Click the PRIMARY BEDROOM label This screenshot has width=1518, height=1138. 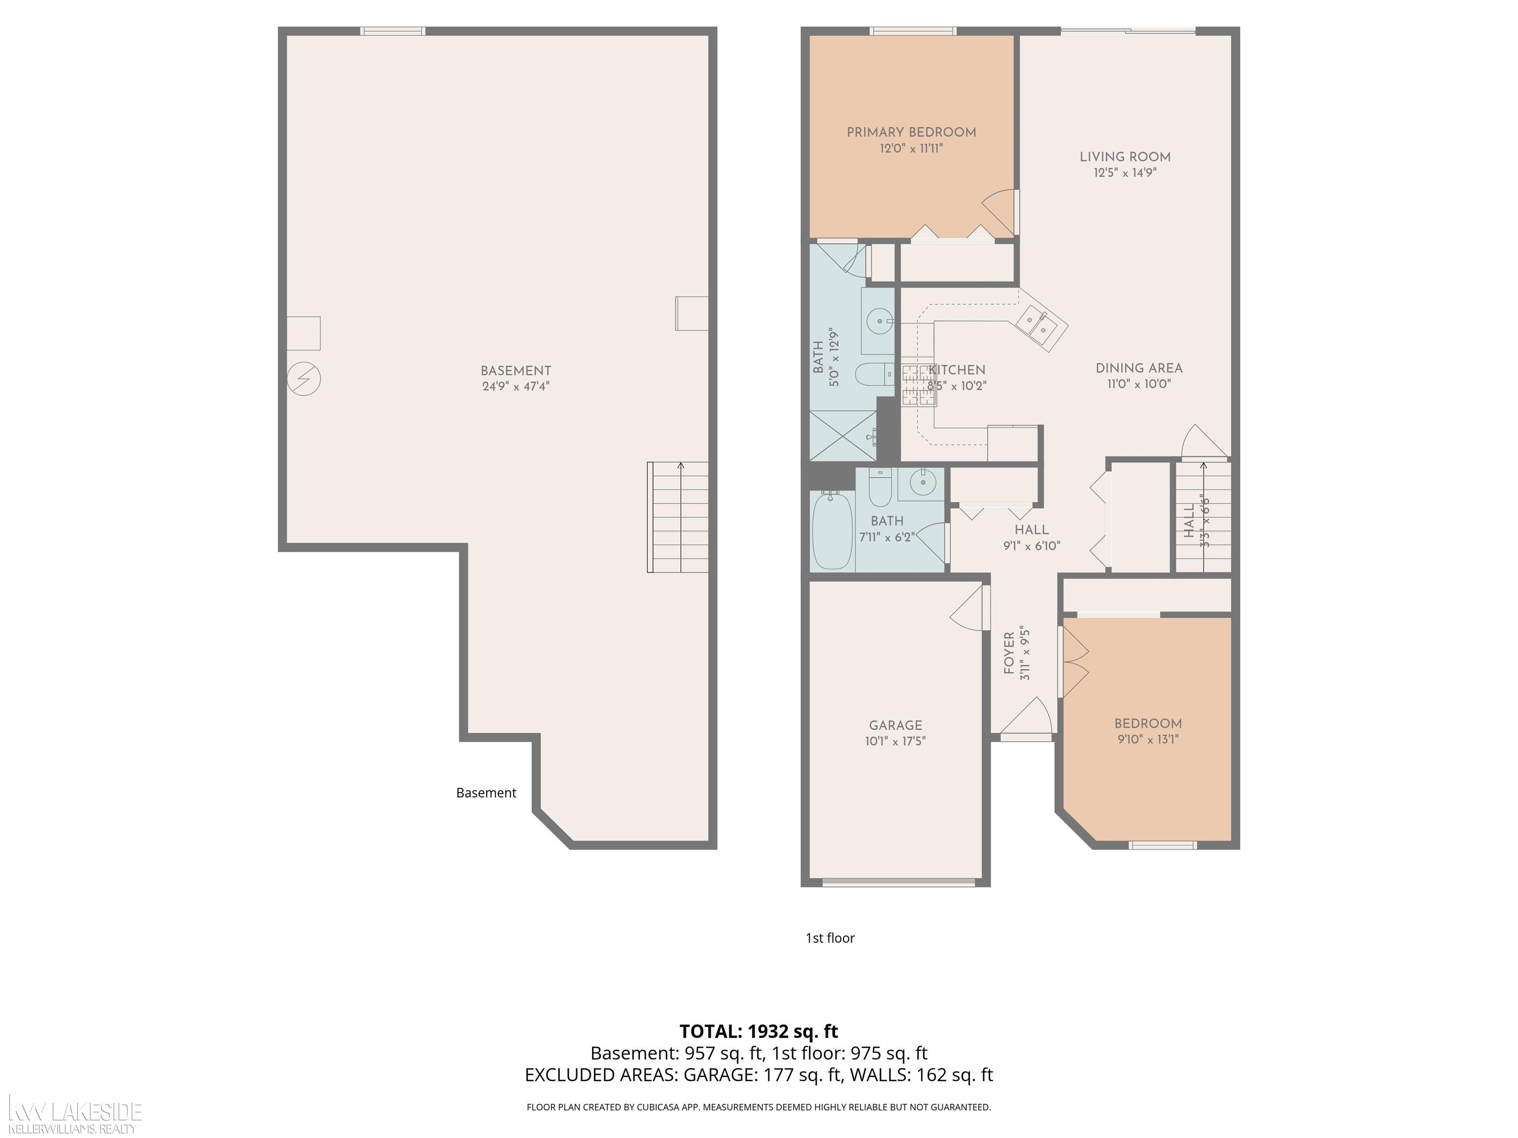pyautogui.click(x=911, y=132)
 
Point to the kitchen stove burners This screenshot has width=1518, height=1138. pyautogui.click(x=918, y=385)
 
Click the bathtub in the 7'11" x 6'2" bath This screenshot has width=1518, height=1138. pyautogui.click(x=832, y=531)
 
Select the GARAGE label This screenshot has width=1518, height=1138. pyautogui.click(x=895, y=725)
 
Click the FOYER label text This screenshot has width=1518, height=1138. pyautogui.click(x=1010, y=654)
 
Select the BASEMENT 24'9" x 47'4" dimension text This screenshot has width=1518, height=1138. pyautogui.click(x=515, y=386)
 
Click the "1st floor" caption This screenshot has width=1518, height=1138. pyautogui.click(x=830, y=937)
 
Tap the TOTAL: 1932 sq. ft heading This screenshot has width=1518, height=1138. pyautogui.click(x=759, y=1031)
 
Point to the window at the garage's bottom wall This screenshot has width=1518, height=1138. pyautogui.click(x=898, y=883)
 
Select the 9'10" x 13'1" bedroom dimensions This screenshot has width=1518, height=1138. pyautogui.click(x=1147, y=739)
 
